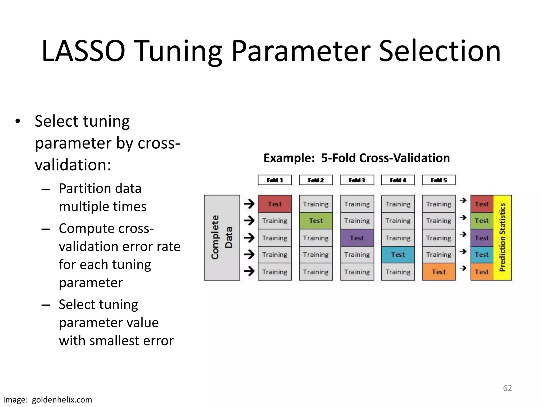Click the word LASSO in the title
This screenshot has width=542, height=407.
[83, 51]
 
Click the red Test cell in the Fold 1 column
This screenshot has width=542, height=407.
[275, 204]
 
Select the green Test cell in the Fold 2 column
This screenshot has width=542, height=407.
[316, 221]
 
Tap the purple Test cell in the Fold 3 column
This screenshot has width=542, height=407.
[357, 238]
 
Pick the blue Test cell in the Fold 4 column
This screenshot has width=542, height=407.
[398, 255]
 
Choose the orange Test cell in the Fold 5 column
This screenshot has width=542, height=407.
[439, 272]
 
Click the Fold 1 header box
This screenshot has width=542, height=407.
[275, 180]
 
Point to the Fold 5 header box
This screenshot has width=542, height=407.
[439, 180]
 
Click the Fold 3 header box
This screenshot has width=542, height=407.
[357, 180]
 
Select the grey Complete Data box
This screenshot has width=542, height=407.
[222, 238]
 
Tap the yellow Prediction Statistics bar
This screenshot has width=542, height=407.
[502, 238]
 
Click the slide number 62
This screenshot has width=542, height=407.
[507, 388]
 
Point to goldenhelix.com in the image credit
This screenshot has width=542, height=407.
[62, 400]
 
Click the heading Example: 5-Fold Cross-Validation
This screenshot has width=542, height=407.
[356, 158]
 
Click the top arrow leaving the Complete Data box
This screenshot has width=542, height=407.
[249, 204]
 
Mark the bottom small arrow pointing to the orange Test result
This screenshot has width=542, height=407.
[463, 268]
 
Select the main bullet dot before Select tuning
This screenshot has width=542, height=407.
[18, 122]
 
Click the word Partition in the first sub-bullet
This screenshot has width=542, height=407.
[80, 189]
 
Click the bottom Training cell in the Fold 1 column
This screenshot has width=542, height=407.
[275, 272]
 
